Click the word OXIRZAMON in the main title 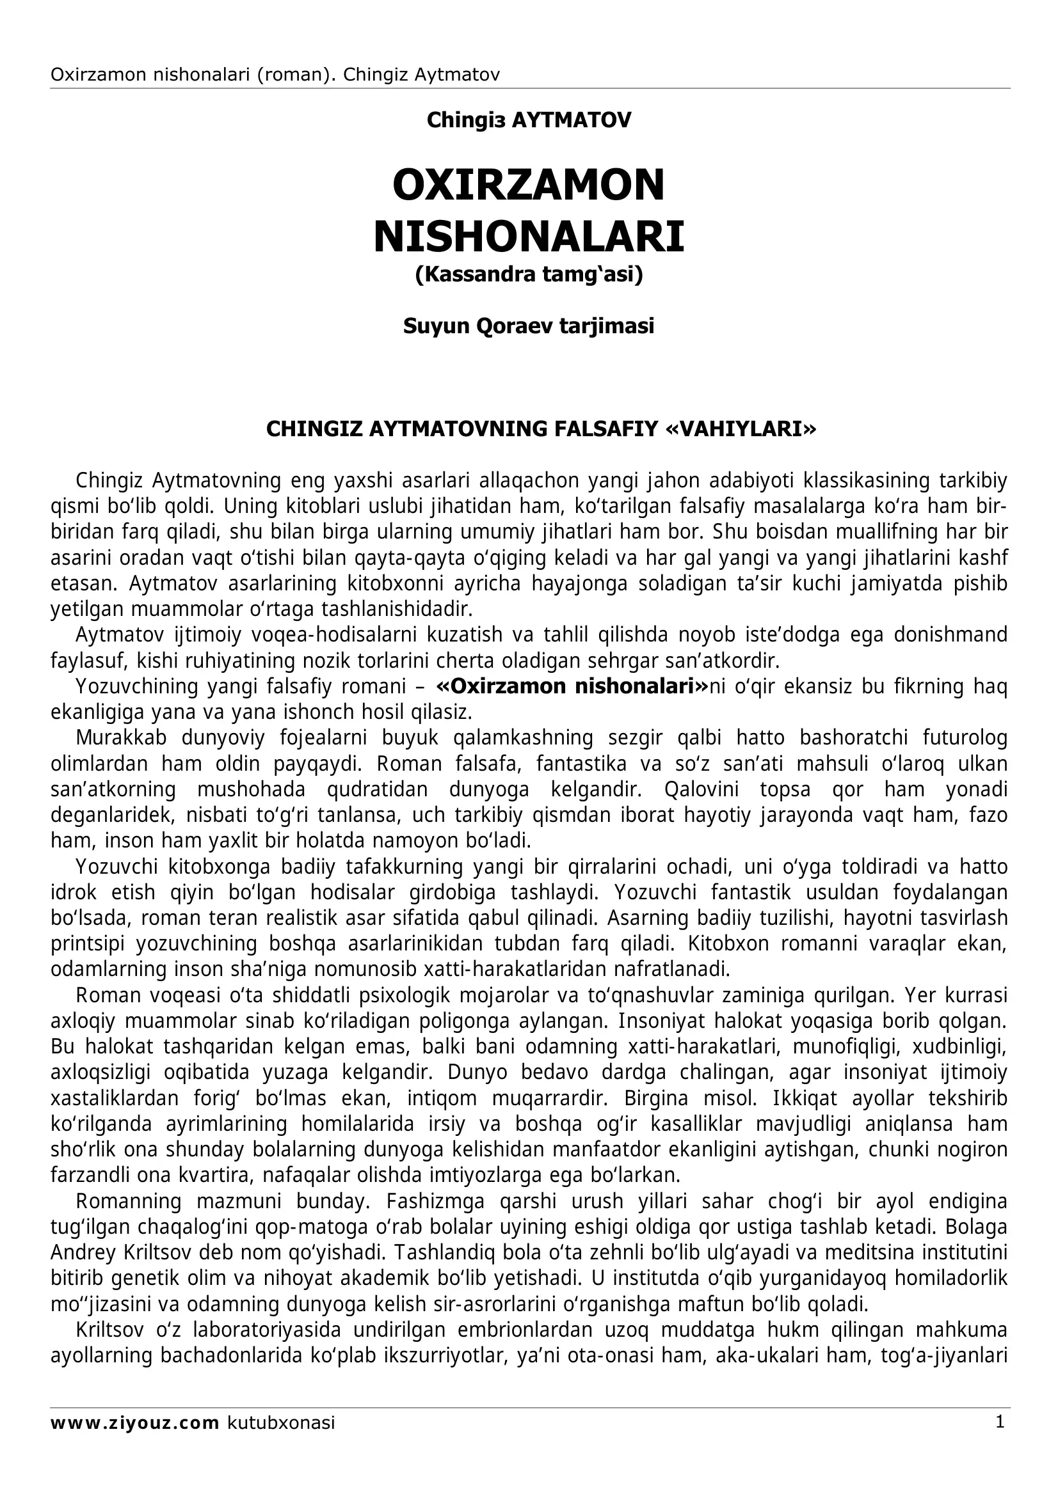[528, 185]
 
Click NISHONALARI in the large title [528, 237]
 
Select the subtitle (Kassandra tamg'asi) [528, 274]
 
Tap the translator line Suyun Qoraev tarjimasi [528, 326]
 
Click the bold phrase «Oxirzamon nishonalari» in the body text [572, 687]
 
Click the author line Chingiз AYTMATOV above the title [528, 120]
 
